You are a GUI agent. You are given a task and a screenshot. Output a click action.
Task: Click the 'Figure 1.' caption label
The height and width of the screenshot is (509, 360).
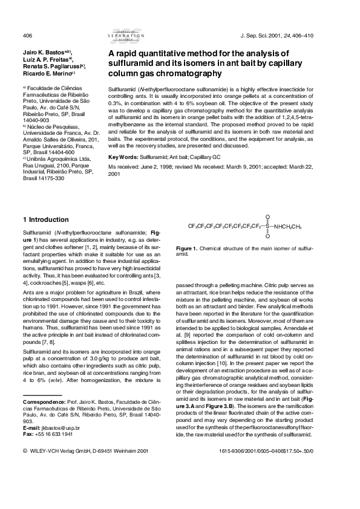186,248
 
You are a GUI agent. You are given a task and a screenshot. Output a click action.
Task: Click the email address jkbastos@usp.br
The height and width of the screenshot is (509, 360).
57,428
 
